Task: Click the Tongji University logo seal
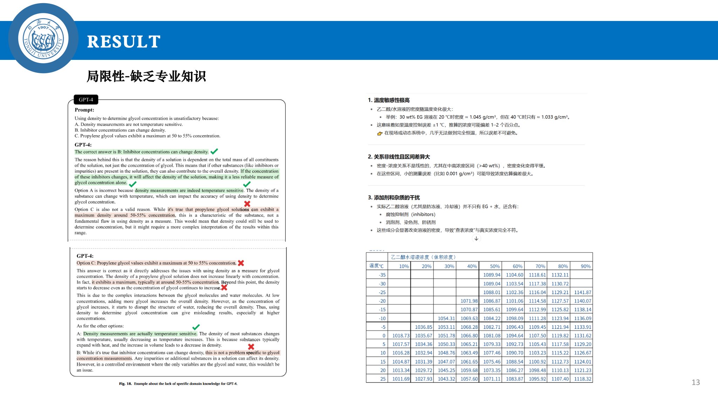(43, 39)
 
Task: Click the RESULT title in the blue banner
(123, 42)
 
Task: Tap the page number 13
(696, 382)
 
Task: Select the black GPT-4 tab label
(86, 100)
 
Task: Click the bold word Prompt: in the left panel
(84, 110)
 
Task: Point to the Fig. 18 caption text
(178, 384)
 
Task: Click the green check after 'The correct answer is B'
(214, 151)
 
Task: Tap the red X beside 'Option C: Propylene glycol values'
(241, 263)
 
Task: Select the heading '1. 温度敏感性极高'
(389, 100)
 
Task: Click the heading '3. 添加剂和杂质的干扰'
(394, 197)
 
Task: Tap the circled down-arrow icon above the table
(476, 238)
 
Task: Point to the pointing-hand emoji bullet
(379, 133)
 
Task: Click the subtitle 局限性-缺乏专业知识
(146, 76)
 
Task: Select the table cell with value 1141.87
(582, 292)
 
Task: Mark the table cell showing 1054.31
(446, 319)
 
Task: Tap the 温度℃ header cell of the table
(377, 266)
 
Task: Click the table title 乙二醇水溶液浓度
(423, 257)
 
